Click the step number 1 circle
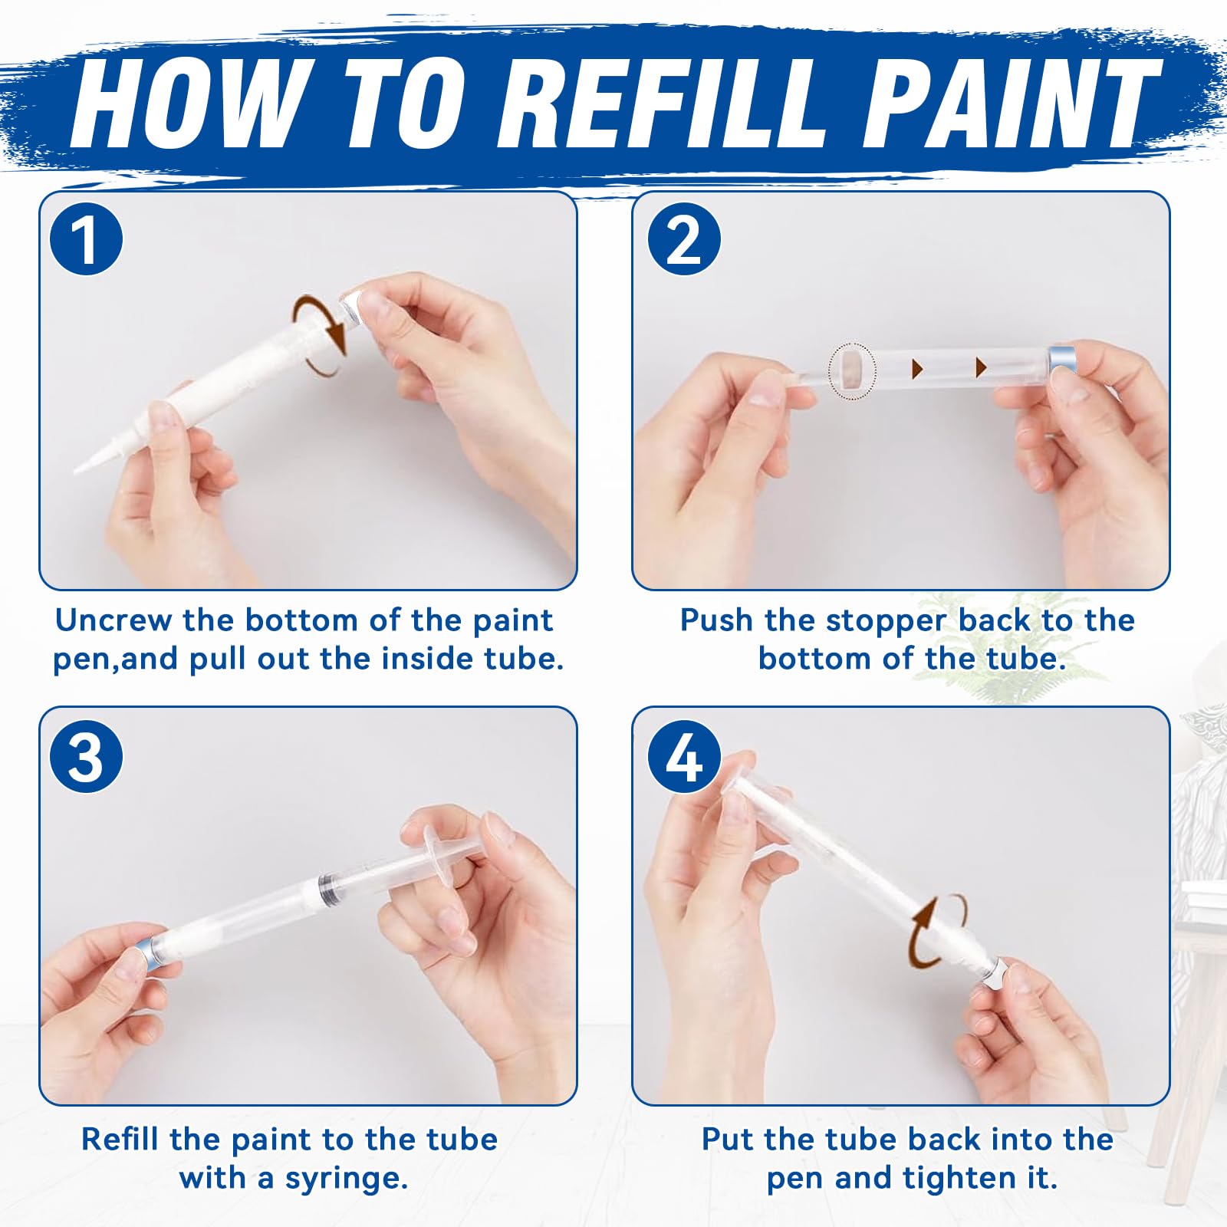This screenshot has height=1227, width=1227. pyautogui.click(x=86, y=240)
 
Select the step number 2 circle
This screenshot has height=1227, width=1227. pyautogui.click(x=683, y=240)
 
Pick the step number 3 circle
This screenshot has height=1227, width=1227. pyautogui.click(x=86, y=756)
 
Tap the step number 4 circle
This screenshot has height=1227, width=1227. pyautogui.click(x=683, y=756)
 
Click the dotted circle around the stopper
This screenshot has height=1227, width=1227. pyautogui.click(x=851, y=373)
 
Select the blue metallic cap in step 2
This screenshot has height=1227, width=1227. pyautogui.click(x=1062, y=367)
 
